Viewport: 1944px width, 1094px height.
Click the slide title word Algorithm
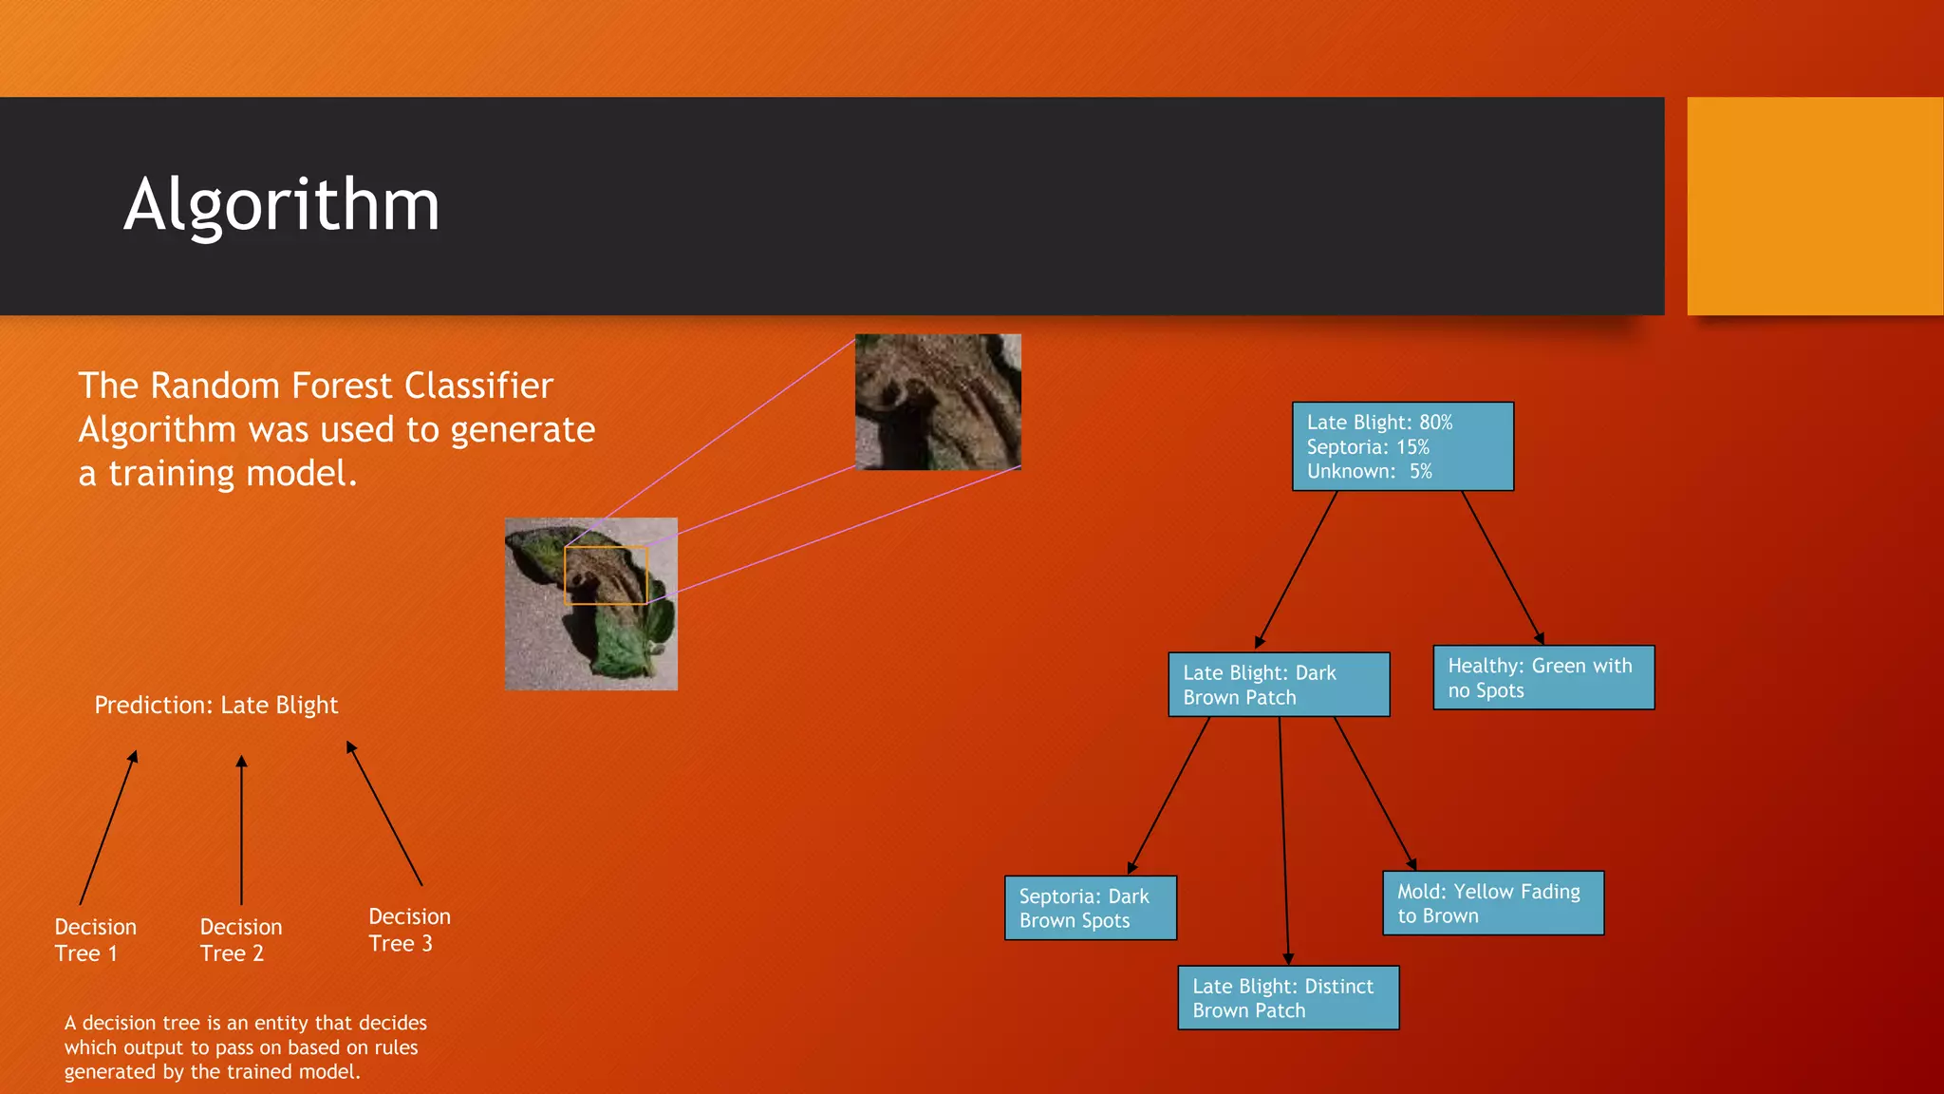pos(281,205)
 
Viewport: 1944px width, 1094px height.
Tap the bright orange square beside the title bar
pos(1814,205)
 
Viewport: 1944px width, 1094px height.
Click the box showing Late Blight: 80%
pos(1402,445)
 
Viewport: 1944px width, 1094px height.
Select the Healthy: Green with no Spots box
pos(1542,677)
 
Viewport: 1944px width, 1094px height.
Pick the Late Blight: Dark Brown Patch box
pos(1278,684)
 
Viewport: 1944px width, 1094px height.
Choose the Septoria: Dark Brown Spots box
pos(1090,907)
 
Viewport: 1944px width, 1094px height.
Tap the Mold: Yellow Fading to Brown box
pos(1492,902)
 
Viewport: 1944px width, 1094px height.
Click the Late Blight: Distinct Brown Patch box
pos(1287,997)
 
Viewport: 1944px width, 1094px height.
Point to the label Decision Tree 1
pos(95,939)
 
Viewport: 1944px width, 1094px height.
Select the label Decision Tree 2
pos(240,939)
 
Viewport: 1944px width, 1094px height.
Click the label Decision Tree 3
pos(408,929)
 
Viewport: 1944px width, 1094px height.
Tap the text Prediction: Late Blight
pos(215,705)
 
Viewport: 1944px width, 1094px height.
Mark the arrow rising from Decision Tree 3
pos(383,813)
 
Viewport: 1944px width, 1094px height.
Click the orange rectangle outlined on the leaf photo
pos(606,575)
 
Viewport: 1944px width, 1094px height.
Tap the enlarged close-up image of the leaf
pos(937,402)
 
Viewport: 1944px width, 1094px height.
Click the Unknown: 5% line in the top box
pos(1368,471)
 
